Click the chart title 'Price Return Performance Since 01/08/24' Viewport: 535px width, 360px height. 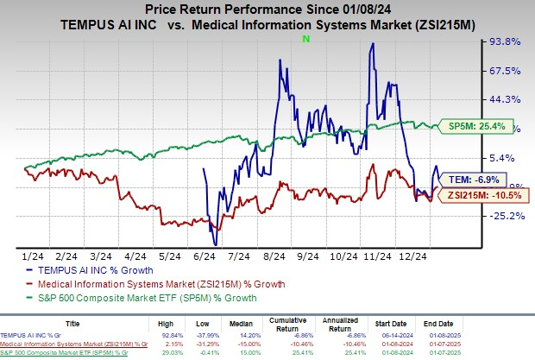267,9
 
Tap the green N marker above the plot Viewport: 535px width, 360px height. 305,40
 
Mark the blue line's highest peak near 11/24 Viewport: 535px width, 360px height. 372,44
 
